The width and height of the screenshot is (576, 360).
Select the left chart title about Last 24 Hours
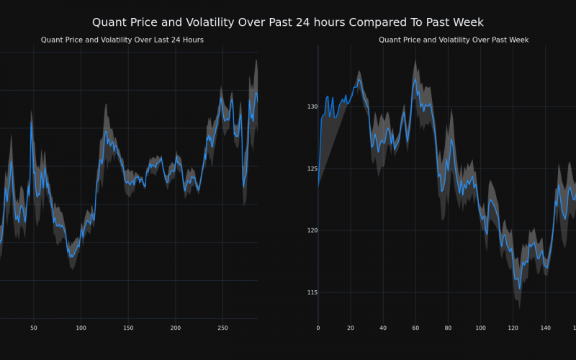[x=122, y=40]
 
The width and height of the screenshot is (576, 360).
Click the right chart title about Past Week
[x=454, y=40]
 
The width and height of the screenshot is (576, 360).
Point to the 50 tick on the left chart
[x=33, y=328]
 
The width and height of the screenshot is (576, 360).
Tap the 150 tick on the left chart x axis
[x=128, y=328]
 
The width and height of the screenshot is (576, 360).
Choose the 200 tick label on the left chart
[x=175, y=328]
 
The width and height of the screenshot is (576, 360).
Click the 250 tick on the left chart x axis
[x=222, y=328]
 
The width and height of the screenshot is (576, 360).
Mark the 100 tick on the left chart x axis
[x=81, y=328]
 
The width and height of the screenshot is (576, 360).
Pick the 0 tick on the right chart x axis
[x=318, y=328]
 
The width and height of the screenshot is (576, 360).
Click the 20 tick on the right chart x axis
[x=351, y=328]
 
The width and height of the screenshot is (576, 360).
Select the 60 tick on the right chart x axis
[x=415, y=328]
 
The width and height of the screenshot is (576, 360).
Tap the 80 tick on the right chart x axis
[x=448, y=328]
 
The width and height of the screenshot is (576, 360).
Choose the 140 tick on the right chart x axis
[x=545, y=328]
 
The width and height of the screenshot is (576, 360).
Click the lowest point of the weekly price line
[x=520, y=289]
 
